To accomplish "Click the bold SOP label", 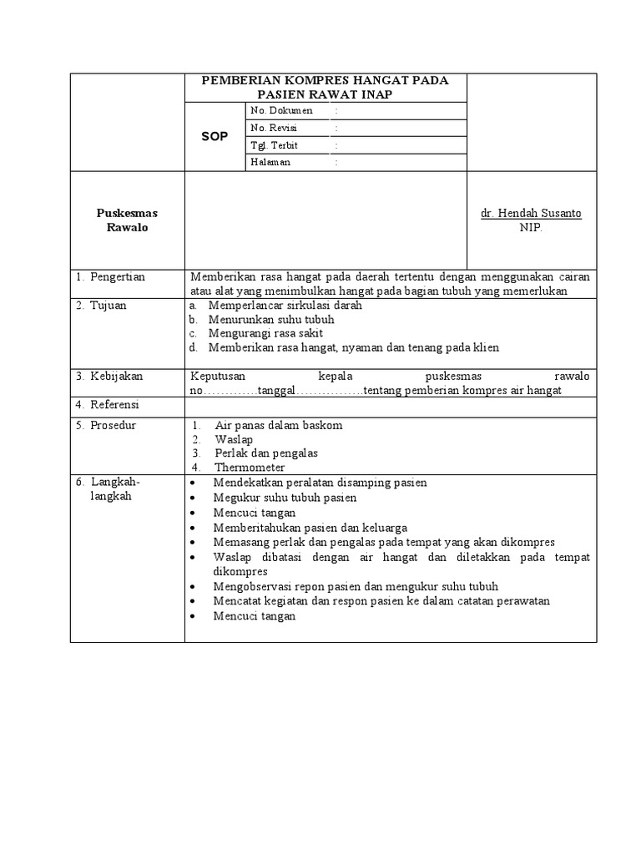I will click(x=214, y=136).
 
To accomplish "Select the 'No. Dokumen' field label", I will click(x=281, y=110).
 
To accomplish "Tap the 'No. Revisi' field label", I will click(x=274, y=128).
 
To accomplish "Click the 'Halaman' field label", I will click(x=270, y=163).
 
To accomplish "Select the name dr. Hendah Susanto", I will click(x=531, y=214).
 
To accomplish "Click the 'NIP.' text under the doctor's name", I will click(x=531, y=228).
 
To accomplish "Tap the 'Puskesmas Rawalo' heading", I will click(x=127, y=220).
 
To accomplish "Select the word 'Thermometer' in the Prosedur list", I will click(x=250, y=468).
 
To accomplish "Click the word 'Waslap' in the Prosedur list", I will click(x=234, y=439).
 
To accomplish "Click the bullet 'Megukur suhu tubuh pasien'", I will click(x=285, y=498).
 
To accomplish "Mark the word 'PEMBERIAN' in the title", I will click(x=238, y=80).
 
